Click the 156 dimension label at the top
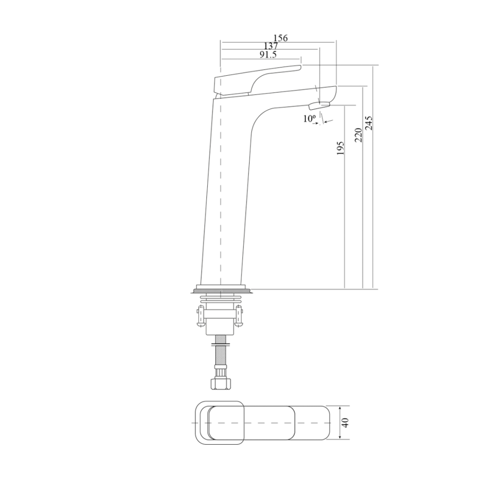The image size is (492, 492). coord(280,38)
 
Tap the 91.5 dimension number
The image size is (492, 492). coord(268,55)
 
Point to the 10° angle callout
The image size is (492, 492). coord(310,119)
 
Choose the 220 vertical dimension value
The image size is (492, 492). coord(359,135)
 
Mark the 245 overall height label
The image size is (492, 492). coord(369,123)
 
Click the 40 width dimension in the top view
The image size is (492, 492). coord(345,423)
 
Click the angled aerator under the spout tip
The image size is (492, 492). coord(318,106)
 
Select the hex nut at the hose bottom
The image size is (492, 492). coord(220,383)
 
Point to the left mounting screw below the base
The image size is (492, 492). coord(201,317)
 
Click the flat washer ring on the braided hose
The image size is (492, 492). coord(220,344)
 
